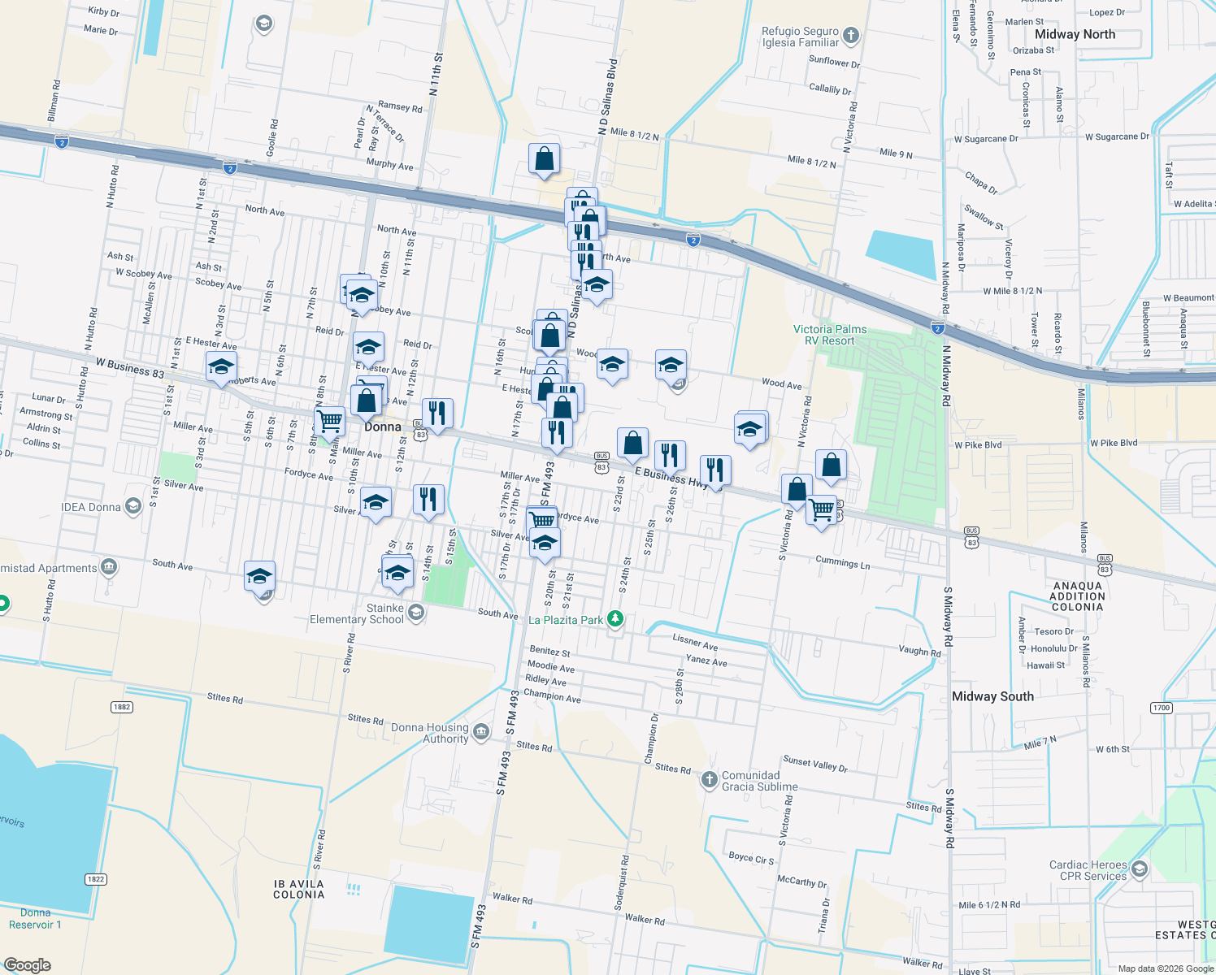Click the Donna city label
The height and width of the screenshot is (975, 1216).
pyautogui.click(x=383, y=427)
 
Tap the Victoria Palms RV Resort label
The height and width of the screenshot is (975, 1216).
pyautogui.click(x=830, y=335)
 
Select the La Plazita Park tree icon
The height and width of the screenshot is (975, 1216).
pyautogui.click(x=616, y=619)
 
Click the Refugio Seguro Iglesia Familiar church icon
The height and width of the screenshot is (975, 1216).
pyautogui.click(x=851, y=35)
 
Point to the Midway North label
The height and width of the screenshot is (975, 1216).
pyautogui.click(x=1075, y=34)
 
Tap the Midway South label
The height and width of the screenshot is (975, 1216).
pyautogui.click(x=992, y=696)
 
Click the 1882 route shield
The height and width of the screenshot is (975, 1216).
pyautogui.click(x=122, y=707)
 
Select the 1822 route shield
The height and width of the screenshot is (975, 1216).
pyautogui.click(x=95, y=879)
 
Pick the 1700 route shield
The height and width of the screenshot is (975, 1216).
pyautogui.click(x=1162, y=708)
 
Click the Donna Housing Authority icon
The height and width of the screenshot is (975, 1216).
pyautogui.click(x=481, y=733)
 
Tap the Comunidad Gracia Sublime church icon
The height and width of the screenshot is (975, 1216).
pyautogui.click(x=710, y=780)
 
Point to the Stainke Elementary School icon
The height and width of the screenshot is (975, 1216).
pyautogui.click(x=416, y=613)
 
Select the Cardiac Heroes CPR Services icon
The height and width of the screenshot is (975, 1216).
pyautogui.click(x=1139, y=870)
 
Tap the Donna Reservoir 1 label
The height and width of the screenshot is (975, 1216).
pyautogui.click(x=35, y=918)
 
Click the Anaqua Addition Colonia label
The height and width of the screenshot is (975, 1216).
pyautogui.click(x=1077, y=596)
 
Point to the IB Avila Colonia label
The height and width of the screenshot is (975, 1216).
pyautogui.click(x=298, y=889)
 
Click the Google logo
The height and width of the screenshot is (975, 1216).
pyautogui.click(x=28, y=964)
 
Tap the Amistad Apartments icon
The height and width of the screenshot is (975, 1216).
pyautogui.click(x=109, y=567)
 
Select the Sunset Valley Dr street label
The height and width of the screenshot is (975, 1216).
pyautogui.click(x=814, y=764)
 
